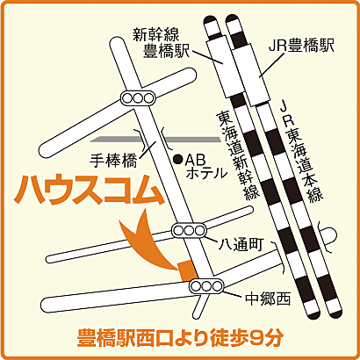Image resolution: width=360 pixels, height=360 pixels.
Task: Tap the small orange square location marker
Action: pos(184,269)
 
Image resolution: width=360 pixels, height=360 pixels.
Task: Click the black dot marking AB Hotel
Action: pos(177,159)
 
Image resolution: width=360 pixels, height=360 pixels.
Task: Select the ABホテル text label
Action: pos(206,167)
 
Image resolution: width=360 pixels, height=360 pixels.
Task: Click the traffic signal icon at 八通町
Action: pos(186,231)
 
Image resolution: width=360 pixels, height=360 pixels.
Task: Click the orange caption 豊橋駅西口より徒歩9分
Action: pos(180,336)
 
